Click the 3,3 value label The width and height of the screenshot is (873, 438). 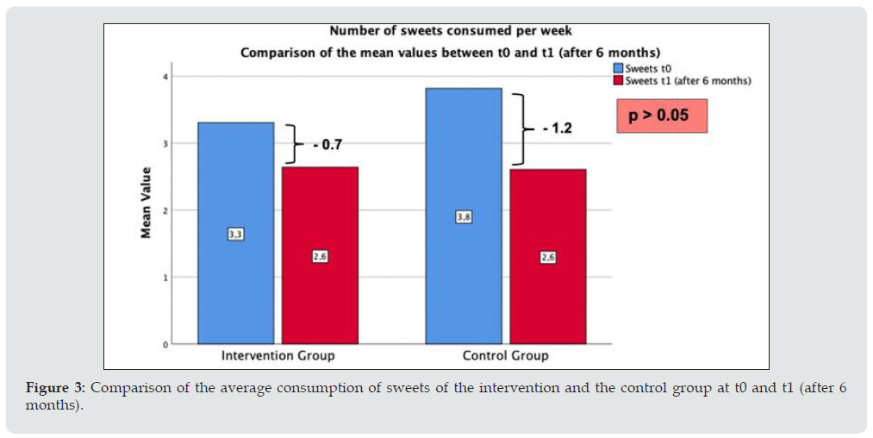235,234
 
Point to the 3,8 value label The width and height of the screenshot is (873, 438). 464,217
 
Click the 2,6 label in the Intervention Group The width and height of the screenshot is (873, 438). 320,256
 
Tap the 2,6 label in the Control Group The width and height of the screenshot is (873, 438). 547,257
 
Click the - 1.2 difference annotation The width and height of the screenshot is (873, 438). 557,128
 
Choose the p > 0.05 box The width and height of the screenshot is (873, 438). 662,115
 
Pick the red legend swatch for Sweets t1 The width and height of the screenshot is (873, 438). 618,80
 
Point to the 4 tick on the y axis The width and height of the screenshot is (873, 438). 164,77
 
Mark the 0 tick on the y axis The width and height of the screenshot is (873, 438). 164,345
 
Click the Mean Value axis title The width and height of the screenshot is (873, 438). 147,210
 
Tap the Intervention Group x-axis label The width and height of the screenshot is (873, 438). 277,355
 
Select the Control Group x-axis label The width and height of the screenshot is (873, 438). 505,355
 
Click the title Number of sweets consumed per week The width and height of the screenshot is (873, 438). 450,31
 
